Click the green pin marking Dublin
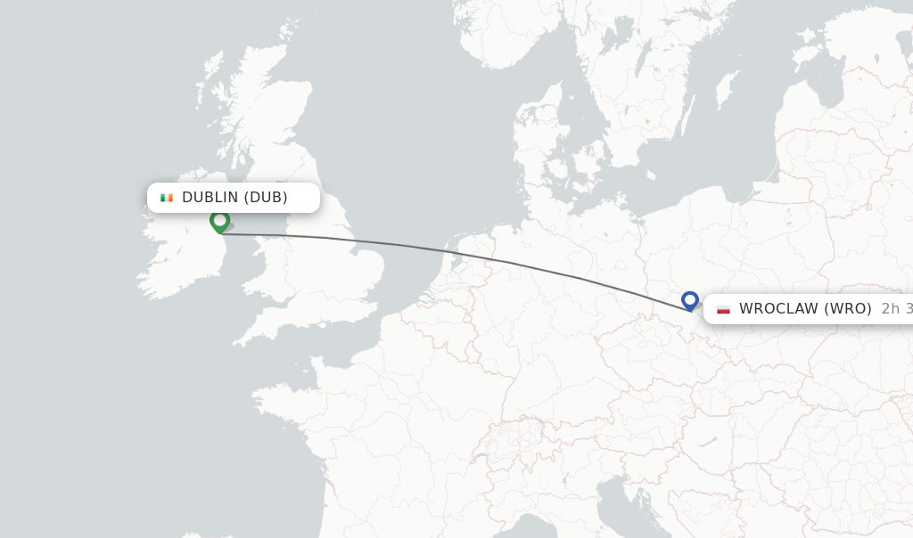tap(219, 220)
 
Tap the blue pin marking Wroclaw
tap(689, 300)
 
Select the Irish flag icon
tap(167, 198)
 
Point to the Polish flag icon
tap(723, 309)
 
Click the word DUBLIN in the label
tap(210, 198)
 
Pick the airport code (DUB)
tap(266, 198)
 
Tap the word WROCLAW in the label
tap(777, 309)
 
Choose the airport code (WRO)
tap(847, 309)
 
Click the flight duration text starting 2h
tap(896, 309)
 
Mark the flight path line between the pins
tap(446, 249)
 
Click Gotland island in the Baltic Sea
tap(727, 89)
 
